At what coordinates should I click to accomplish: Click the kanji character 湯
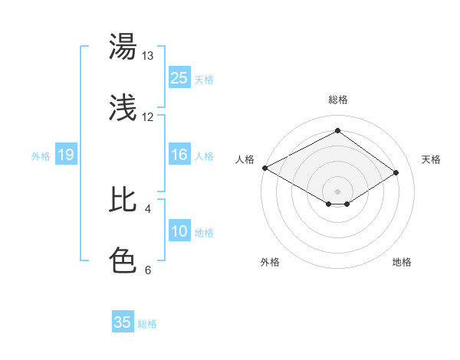point(123,47)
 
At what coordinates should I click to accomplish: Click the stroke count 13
point(147,56)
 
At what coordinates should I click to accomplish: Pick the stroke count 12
point(147,116)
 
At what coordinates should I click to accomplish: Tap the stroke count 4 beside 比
point(147,208)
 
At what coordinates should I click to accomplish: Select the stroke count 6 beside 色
point(147,269)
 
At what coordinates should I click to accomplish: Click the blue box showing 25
point(179,78)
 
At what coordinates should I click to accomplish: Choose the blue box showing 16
point(179,155)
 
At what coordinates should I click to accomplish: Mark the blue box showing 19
point(66,155)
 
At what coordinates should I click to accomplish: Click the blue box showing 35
point(123,322)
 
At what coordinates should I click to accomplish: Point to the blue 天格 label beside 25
point(204,79)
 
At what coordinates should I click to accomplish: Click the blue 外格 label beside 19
point(41,156)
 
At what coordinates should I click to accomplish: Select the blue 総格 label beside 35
point(147,324)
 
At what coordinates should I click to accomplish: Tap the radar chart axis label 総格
point(337,100)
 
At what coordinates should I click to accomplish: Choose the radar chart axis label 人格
point(245,159)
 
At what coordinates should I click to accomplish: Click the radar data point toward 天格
point(396,173)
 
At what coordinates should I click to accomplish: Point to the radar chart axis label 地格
point(402,262)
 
